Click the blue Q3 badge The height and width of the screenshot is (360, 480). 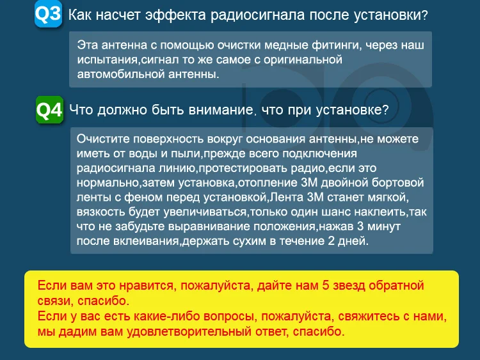click(x=48, y=15)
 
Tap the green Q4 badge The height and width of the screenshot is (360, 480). click(x=49, y=110)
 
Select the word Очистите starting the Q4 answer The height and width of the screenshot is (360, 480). click(x=100, y=139)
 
